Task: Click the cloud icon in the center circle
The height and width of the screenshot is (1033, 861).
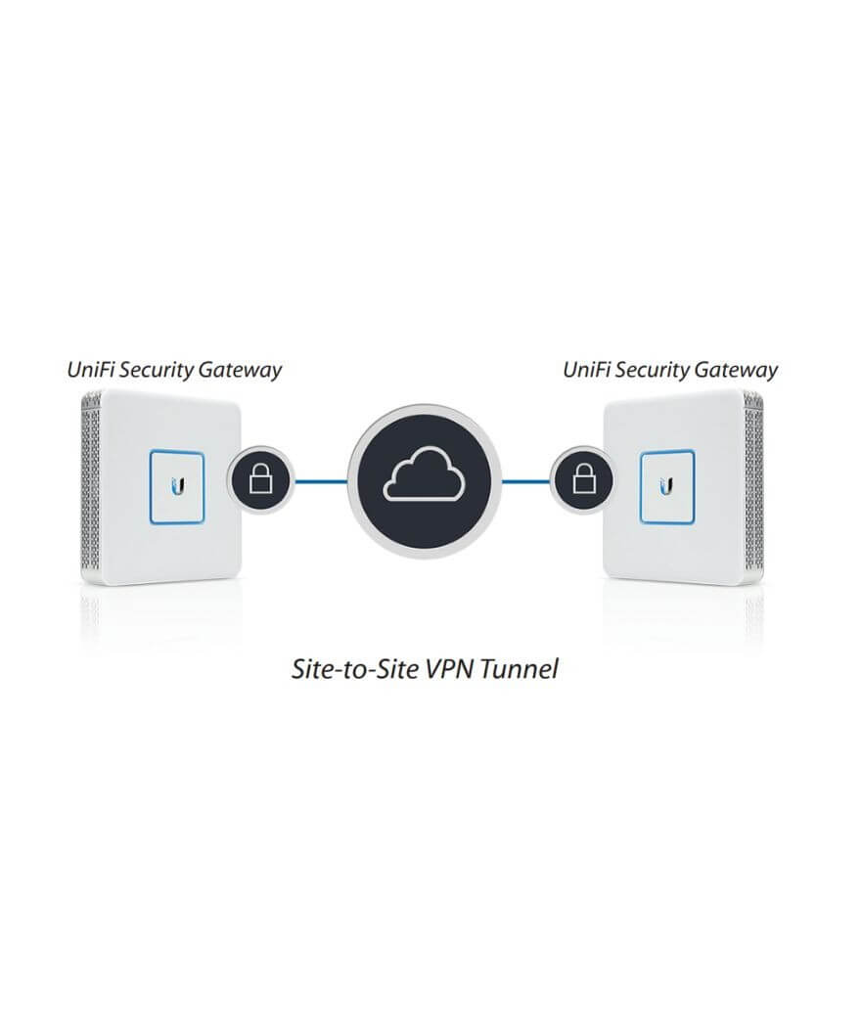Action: [425, 472]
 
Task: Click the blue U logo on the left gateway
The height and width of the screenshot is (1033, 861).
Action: [176, 486]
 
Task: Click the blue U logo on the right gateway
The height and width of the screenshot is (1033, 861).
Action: [666, 486]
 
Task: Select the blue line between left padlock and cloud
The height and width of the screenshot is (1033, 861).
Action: [321, 481]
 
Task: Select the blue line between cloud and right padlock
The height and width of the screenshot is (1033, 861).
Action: [525, 481]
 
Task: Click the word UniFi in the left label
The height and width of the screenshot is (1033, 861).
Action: [91, 370]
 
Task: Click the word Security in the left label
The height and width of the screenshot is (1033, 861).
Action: [157, 371]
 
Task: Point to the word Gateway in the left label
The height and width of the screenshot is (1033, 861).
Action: [240, 371]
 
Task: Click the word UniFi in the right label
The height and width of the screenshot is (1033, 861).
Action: [587, 370]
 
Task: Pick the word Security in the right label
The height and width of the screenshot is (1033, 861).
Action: [653, 371]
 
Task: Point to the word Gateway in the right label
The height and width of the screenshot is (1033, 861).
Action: [736, 371]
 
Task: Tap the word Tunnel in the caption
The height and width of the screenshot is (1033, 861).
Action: [520, 669]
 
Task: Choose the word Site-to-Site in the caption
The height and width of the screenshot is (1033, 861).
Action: [356, 669]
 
